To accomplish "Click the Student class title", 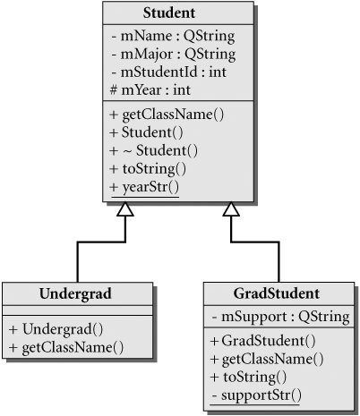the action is [169, 13].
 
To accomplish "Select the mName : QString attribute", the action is [173, 37].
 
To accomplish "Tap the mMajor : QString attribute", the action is [174, 55].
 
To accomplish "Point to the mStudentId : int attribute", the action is [168, 72].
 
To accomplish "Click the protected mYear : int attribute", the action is [150, 90].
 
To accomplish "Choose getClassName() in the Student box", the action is [167, 115].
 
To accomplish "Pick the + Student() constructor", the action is [146, 132].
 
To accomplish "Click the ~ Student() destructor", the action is [154, 150].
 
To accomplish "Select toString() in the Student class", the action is [148, 169].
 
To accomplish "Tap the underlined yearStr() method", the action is [144, 188].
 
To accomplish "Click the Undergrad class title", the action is [75, 293].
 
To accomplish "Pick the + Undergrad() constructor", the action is [56, 329].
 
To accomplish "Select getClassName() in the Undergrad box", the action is [66, 348].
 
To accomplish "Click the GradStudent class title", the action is [277, 293].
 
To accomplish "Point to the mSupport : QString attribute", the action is [280, 317].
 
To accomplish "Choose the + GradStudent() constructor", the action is [262, 341].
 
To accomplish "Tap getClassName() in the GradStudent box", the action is [267, 360].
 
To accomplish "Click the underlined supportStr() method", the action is [256, 395].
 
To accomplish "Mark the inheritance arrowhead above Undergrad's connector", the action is [125, 208].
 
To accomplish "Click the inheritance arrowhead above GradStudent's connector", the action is [231, 208].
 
